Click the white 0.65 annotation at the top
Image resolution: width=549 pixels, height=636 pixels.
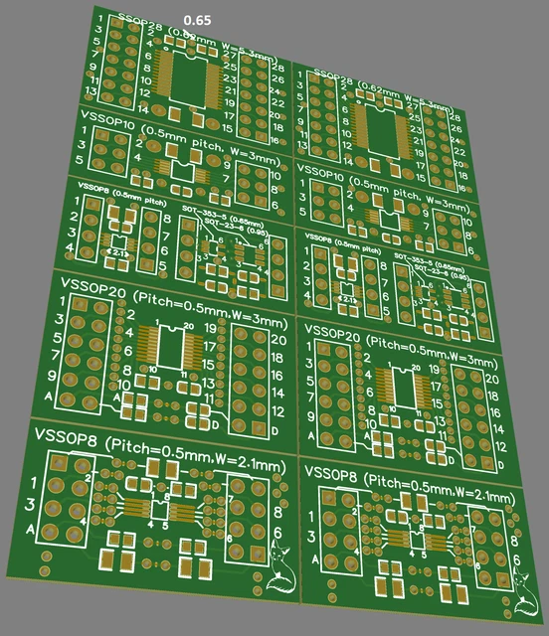(198, 20)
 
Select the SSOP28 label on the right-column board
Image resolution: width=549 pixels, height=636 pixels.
(338, 77)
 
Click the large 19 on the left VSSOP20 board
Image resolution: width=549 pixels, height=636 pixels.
(210, 326)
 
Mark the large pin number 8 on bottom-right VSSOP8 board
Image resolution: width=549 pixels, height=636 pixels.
(514, 541)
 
